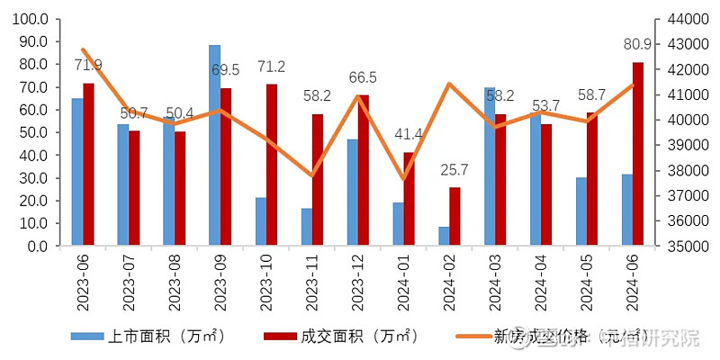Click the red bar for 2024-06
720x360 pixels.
638,154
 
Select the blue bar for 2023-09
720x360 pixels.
214,145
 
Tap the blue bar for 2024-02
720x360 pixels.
444,236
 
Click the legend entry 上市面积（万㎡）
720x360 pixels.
148,337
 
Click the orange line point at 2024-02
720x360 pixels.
449,85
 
